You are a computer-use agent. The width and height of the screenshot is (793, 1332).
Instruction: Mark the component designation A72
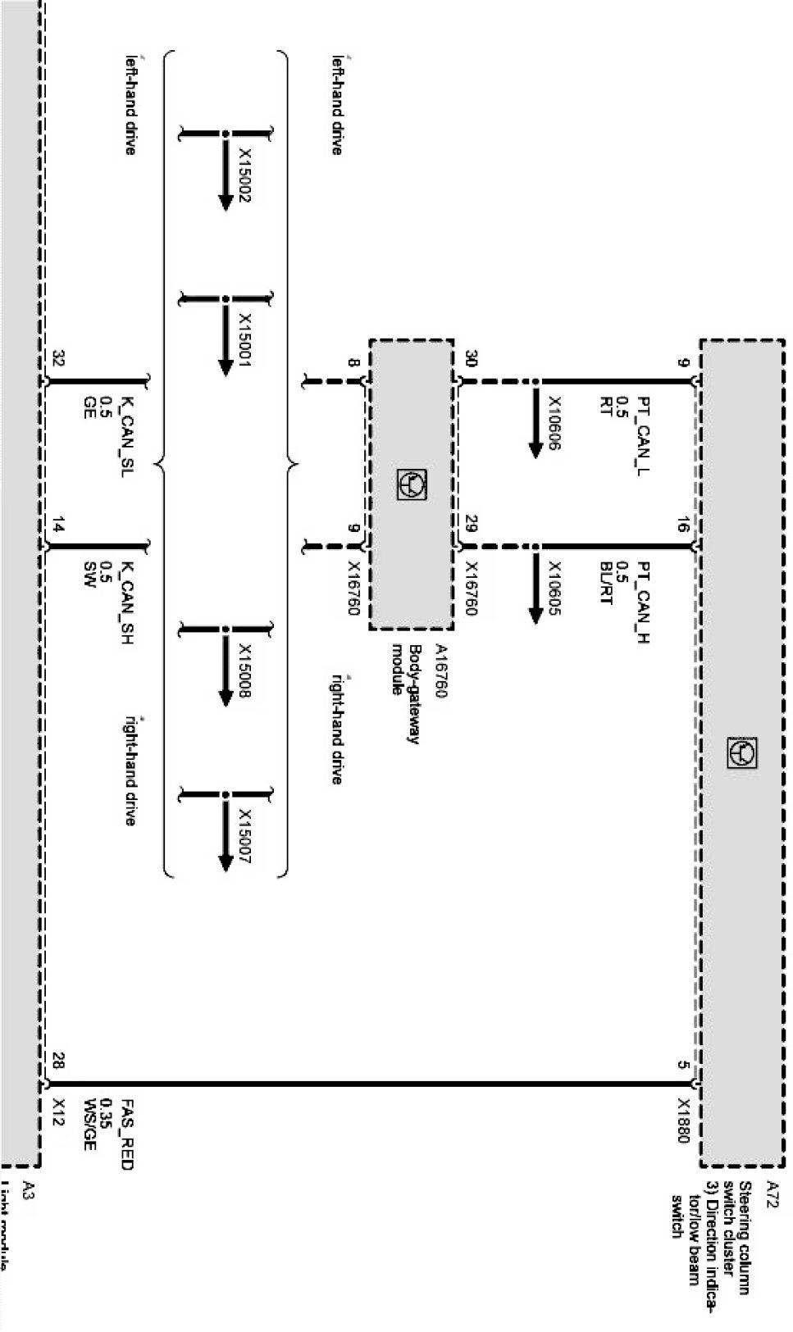pos(771,1189)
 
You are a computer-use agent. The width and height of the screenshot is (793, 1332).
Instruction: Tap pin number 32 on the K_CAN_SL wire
pos(58,358)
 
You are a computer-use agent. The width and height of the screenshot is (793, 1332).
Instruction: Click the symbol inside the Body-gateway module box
pos(410,484)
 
